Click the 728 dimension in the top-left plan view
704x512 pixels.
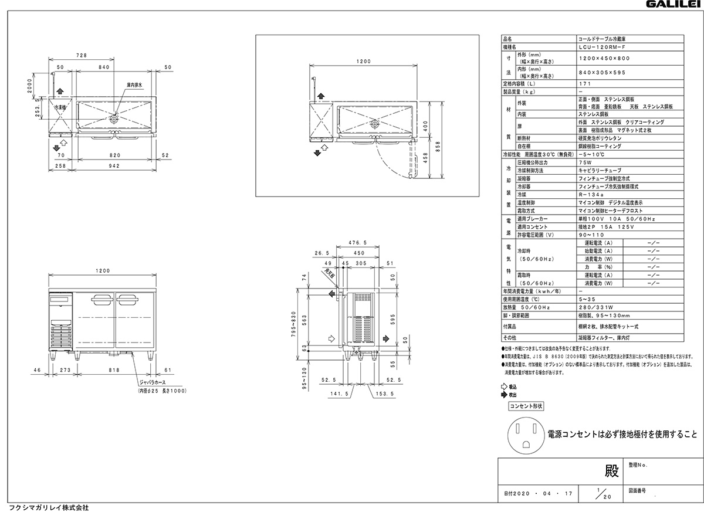pyautogui.click(x=82, y=55)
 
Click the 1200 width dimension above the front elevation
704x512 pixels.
pyautogui.click(x=103, y=271)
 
